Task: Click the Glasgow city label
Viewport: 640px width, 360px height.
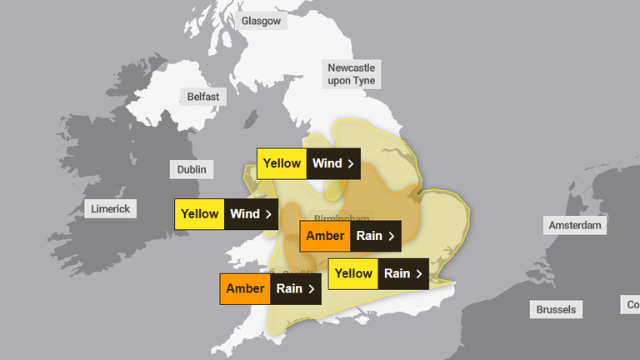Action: (261, 21)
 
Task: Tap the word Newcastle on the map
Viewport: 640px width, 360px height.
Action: (351, 67)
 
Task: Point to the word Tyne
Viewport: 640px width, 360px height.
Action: (362, 81)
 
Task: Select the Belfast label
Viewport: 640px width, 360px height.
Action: (203, 97)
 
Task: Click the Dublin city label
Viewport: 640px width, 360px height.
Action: (192, 169)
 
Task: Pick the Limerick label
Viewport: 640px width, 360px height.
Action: (110, 208)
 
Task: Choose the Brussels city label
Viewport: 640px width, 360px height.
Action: (556, 309)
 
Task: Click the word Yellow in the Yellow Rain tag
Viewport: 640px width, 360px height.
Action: (353, 273)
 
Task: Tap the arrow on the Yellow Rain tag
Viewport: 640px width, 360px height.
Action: (419, 273)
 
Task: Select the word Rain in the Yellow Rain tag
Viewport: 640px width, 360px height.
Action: (396, 273)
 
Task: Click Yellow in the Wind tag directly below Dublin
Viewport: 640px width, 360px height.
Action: (199, 214)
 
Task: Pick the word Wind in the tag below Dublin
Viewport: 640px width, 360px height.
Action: (245, 214)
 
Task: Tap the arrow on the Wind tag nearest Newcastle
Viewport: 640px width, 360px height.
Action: (351, 163)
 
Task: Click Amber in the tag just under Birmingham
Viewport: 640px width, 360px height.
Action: (325, 236)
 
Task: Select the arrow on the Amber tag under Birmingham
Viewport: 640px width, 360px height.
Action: (391, 236)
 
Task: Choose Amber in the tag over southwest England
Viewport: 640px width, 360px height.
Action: (245, 289)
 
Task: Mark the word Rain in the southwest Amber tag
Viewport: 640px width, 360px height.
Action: (289, 289)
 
